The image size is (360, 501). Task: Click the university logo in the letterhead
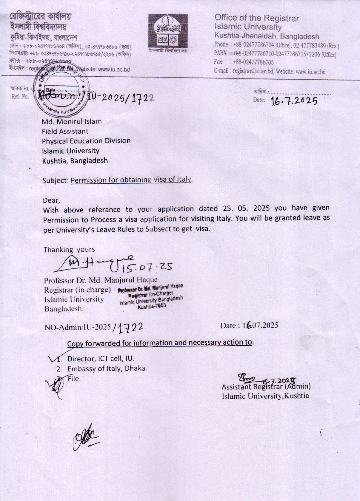click(x=168, y=31)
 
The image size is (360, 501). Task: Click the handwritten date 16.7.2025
click(x=294, y=101)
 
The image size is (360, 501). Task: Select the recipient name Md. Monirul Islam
click(x=72, y=121)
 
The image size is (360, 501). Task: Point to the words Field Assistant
click(x=65, y=131)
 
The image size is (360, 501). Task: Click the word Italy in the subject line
click(x=184, y=179)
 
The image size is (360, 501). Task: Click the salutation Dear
click(x=51, y=200)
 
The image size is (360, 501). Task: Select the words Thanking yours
click(x=69, y=250)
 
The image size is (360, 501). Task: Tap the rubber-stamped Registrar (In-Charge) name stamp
click(x=151, y=296)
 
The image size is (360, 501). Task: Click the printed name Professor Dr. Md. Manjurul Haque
click(x=101, y=280)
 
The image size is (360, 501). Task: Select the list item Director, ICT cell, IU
click(x=101, y=358)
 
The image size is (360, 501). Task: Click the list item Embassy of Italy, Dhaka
click(x=106, y=369)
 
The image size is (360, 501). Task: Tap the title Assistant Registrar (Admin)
click(x=266, y=387)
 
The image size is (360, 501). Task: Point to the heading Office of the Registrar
click(x=256, y=18)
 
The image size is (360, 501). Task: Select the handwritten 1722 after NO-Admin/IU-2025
click(x=131, y=327)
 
